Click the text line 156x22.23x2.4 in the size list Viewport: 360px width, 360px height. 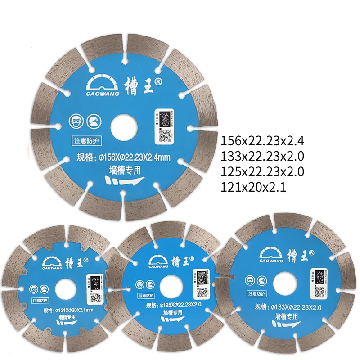(263, 142)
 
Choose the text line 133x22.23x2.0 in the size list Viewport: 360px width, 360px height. (263, 157)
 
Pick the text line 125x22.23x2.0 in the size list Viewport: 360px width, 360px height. (263, 171)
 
